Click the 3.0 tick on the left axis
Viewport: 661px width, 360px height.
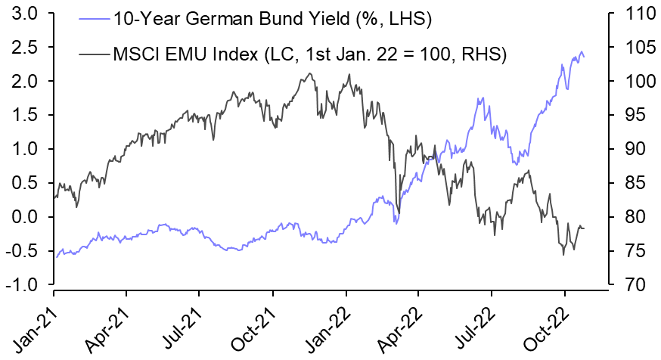coord(27,13)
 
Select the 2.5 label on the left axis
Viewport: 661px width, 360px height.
coord(27,47)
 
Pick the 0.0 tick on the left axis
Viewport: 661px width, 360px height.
coord(27,217)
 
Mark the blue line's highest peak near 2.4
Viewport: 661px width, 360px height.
coord(582,52)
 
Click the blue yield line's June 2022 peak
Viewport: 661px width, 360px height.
coord(479,98)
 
